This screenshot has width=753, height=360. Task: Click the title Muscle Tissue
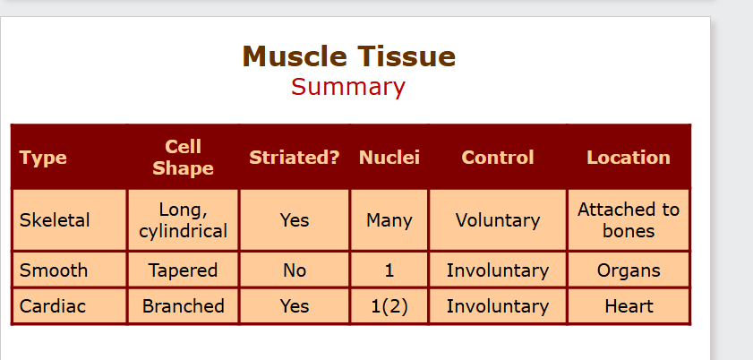pos(348,56)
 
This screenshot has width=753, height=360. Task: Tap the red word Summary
pos(348,87)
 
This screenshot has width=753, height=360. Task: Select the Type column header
pos(43,158)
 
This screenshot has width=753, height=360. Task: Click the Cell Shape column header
pos(183,158)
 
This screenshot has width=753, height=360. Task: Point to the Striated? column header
pos(295,158)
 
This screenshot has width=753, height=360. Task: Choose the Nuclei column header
pos(389,158)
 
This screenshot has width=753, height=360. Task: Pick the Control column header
pos(498,158)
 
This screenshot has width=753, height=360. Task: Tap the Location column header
pos(629,158)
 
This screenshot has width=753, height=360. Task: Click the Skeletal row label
pos(55,220)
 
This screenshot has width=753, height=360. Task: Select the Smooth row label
pos(54,270)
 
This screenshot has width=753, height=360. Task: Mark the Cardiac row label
pos(52,306)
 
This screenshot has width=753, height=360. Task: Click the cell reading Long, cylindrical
pos(183,220)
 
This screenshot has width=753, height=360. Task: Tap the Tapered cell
pos(183,270)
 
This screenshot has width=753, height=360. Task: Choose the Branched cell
pos(183,306)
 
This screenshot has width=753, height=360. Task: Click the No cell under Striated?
pos(295,270)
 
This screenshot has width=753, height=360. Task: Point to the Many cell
pos(389,221)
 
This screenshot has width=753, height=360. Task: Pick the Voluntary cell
pos(498,221)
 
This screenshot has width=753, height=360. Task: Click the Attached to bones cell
pos(629,220)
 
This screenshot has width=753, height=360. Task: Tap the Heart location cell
pos(629,306)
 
